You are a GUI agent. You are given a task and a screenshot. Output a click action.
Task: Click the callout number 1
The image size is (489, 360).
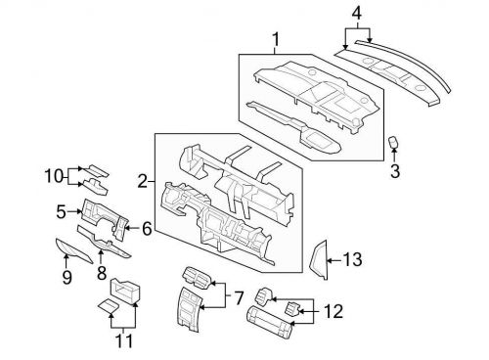coord(276,40)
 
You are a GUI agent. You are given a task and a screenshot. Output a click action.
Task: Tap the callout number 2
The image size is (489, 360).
coord(143,181)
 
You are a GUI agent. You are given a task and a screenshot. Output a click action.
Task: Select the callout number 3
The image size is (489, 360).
coord(395,173)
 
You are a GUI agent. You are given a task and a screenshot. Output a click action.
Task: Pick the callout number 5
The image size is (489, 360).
coord(61,210)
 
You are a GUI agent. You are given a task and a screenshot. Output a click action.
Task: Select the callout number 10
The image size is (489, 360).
coord(52,176)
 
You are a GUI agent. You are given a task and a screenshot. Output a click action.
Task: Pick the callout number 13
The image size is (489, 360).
coord(353,259)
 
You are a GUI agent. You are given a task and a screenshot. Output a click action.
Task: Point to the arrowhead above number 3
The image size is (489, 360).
coord(395,157)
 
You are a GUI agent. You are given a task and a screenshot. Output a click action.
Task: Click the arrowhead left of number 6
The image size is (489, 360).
coord(130,229)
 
